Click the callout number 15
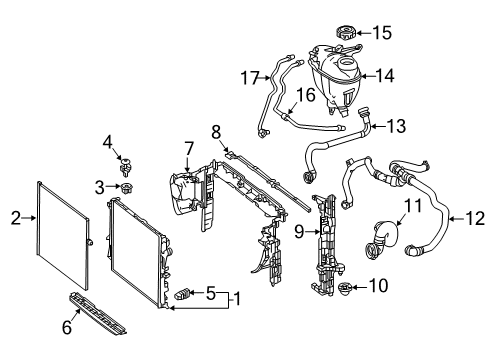(382, 33)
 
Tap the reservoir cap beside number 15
(345, 33)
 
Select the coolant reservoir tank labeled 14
(335, 79)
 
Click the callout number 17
(250, 78)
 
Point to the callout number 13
(396, 126)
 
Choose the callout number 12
(475, 219)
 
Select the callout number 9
(299, 231)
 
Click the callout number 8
(216, 132)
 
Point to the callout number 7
(189, 149)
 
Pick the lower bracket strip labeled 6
(98, 314)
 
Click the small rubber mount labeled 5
(182, 294)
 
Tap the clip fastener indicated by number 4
(125, 167)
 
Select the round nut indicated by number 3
(126, 188)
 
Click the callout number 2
(15, 218)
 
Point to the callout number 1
(237, 299)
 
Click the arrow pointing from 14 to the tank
(368, 76)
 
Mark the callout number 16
(306, 95)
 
